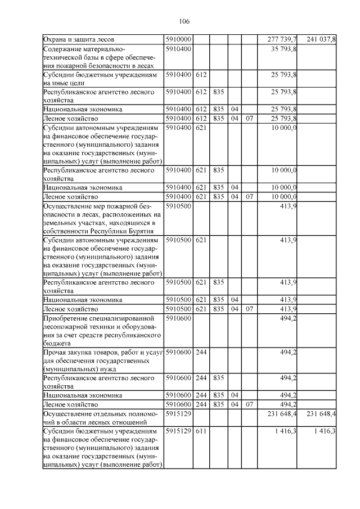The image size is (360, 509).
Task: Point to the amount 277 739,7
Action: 281,40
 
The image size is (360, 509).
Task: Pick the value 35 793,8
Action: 284,49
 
